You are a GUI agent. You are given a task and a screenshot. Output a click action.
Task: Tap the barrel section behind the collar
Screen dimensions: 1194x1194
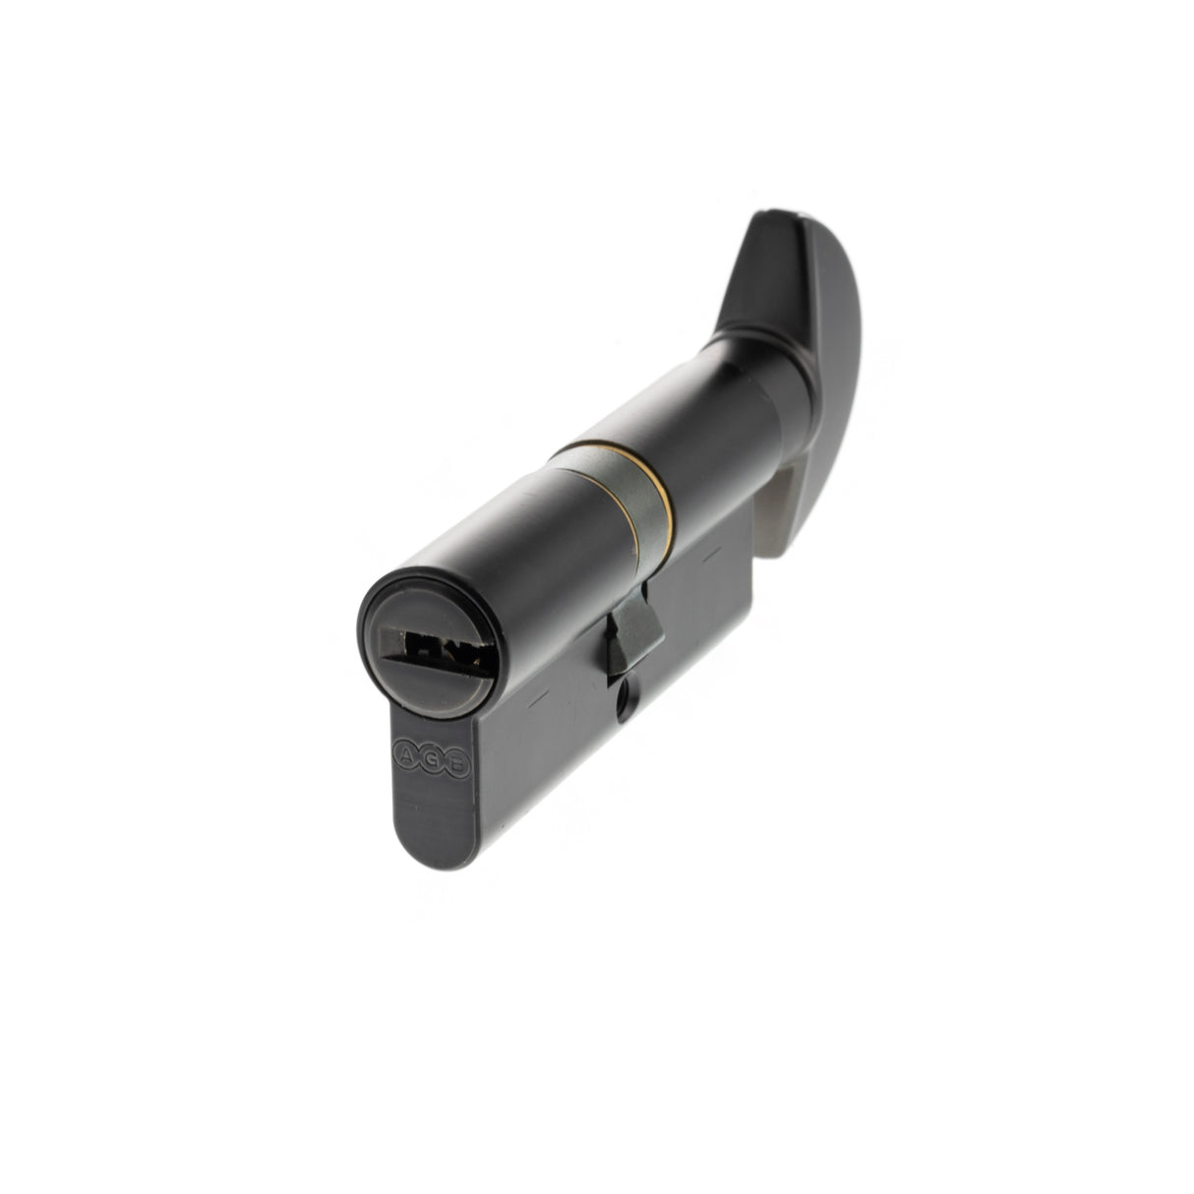[708, 452]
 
